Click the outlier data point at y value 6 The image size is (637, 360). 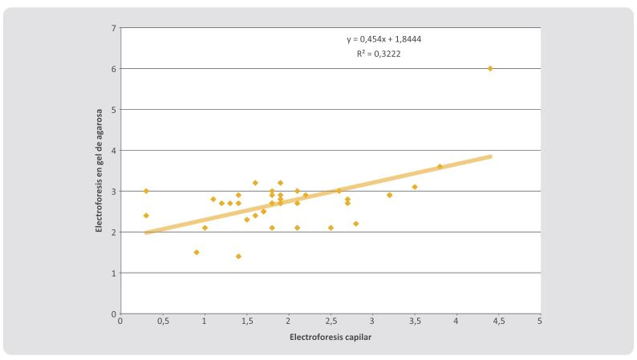490,68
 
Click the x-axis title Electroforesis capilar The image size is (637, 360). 331,337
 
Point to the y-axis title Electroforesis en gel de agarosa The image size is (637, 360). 99,170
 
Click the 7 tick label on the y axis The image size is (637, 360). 113,28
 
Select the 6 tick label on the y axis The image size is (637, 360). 113,69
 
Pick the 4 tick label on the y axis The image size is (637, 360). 113,150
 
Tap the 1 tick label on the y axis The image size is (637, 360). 113,273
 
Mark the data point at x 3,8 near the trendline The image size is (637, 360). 440,167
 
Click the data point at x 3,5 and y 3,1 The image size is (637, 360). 415,187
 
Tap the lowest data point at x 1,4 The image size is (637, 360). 238,257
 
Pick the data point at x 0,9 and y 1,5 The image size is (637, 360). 197,253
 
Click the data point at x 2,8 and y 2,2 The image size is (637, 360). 356,224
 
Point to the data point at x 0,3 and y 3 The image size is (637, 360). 146,191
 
